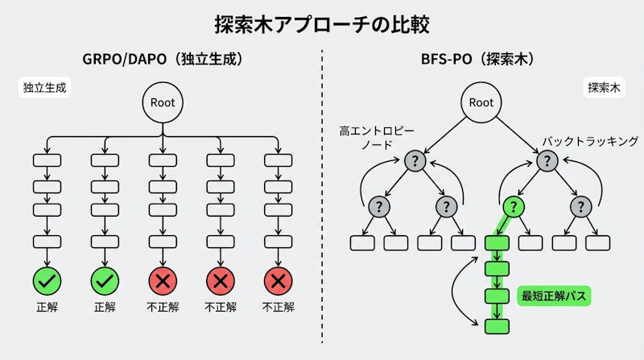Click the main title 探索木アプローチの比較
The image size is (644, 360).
click(x=322, y=22)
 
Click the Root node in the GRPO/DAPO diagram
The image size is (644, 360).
click(x=162, y=102)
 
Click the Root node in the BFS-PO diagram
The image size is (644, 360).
click(x=481, y=102)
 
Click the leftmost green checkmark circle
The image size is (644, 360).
click(x=47, y=281)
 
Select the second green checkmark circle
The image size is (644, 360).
click(x=105, y=281)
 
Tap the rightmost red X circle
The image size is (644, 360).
click(x=278, y=281)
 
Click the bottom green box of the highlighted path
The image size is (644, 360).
click(x=498, y=325)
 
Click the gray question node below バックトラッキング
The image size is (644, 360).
click(x=547, y=160)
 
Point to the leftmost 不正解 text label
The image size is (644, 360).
click(x=163, y=307)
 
